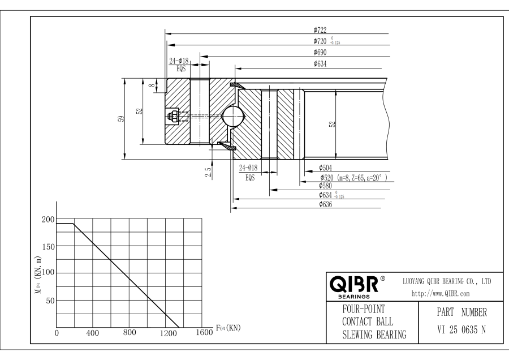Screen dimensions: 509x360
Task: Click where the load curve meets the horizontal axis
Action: [x=179, y=327]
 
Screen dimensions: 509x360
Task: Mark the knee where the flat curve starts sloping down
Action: [x=74, y=224]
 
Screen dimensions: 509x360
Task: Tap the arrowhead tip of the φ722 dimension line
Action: [x=165, y=33]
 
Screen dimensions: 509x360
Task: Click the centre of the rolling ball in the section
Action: [x=232, y=116]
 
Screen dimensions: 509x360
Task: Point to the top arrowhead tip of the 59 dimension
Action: [x=125, y=79]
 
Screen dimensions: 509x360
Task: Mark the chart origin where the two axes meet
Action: [x=56, y=327]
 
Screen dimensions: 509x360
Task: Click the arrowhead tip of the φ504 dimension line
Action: [x=305, y=171]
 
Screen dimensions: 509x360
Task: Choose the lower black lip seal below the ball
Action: [x=227, y=146]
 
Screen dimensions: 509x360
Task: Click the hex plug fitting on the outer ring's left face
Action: [x=172, y=116]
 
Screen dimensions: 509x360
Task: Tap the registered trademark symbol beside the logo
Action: [x=383, y=278]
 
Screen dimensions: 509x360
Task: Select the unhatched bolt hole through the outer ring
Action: [x=200, y=110]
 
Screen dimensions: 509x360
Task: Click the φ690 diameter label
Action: [x=320, y=52]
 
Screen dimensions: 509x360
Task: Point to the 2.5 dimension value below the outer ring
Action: [x=208, y=172]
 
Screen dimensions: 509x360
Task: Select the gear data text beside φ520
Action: [x=363, y=178]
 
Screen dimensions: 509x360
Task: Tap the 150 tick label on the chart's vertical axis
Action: [x=49, y=247]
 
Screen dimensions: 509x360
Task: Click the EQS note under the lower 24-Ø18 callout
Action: [x=250, y=178]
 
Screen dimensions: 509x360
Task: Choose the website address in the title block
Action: [x=441, y=294]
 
